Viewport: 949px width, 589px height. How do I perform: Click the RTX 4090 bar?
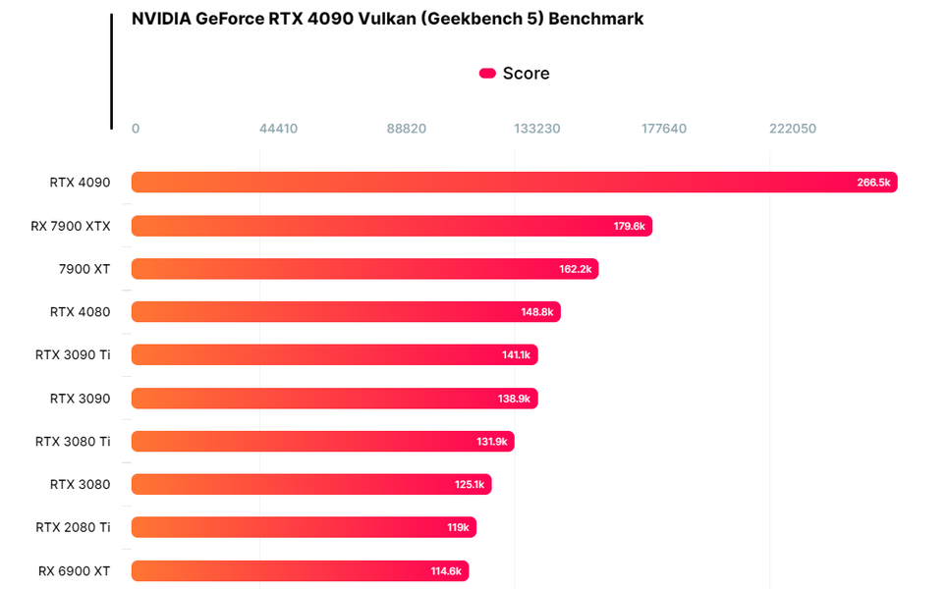(514, 183)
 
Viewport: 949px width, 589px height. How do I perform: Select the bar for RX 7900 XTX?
(391, 226)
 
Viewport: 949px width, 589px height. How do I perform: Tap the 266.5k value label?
(872, 183)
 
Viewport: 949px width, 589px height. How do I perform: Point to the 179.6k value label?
(629, 226)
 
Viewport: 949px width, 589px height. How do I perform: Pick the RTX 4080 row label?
(80, 312)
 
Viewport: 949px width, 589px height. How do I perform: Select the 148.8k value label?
(537, 312)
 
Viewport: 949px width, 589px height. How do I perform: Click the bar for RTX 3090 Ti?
(334, 355)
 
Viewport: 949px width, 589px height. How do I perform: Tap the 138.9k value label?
(514, 399)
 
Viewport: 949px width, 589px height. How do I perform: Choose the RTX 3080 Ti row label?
(73, 442)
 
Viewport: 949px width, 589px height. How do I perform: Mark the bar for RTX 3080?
(310, 484)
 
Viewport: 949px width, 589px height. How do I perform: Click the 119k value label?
(458, 527)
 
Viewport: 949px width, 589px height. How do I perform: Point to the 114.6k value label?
(446, 570)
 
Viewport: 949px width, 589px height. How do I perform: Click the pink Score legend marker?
(487, 74)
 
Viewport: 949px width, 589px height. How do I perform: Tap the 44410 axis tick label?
(279, 129)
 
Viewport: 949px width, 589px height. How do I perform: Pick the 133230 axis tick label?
(537, 129)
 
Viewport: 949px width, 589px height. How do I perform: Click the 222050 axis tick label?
(793, 129)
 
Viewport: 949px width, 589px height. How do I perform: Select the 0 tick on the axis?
(136, 129)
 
